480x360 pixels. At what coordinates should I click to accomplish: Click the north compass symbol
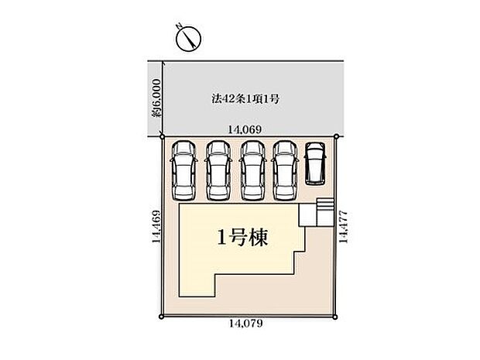(x=189, y=39)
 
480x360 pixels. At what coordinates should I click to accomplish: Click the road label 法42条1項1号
(x=245, y=99)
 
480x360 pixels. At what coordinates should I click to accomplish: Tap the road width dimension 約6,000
(x=156, y=98)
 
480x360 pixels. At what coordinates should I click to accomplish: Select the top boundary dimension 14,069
(x=245, y=130)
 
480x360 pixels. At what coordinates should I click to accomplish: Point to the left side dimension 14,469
(x=156, y=227)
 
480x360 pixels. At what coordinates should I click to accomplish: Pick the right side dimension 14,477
(x=343, y=227)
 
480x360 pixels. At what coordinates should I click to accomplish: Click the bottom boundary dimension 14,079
(x=246, y=324)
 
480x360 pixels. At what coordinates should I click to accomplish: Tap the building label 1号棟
(x=242, y=237)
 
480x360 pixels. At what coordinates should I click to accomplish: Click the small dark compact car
(x=315, y=164)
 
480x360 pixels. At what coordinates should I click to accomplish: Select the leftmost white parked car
(x=183, y=170)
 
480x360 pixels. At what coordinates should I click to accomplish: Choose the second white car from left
(x=218, y=170)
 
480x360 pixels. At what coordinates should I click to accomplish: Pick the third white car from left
(x=252, y=170)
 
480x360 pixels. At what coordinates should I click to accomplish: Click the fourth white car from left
(x=286, y=170)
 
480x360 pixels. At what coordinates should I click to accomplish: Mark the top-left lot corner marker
(x=163, y=136)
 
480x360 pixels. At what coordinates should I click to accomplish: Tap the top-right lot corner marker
(x=336, y=136)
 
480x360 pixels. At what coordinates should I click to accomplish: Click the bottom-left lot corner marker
(x=161, y=317)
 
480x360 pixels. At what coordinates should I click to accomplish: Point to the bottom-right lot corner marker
(x=335, y=317)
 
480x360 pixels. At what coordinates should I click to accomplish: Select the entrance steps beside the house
(x=324, y=212)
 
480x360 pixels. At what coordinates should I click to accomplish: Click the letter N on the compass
(x=179, y=26)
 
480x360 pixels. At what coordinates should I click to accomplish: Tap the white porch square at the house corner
(x=307, y=215)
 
